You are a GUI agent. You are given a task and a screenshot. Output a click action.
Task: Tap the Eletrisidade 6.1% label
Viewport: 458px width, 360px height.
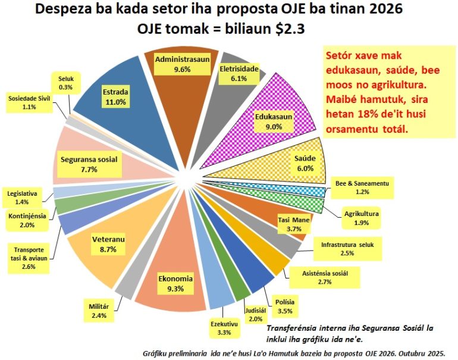tap(239, 73)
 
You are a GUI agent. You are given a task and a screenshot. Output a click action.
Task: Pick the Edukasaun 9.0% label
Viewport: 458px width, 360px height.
tap(273, 121)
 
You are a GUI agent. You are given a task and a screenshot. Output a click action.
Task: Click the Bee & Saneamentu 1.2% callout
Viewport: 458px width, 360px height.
tap(361, 188)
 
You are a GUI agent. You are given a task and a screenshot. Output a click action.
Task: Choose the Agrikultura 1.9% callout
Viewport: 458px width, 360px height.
tap(361, 217)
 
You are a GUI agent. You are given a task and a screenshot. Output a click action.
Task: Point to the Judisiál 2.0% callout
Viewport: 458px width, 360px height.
tap(256, 314)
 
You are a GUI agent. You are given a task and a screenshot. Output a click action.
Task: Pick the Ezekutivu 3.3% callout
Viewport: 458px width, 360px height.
tap(221, 328)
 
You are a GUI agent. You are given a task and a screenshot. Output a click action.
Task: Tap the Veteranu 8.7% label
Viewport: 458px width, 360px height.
tap(108, 244)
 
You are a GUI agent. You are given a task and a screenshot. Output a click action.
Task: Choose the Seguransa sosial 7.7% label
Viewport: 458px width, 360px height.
tap(89, 164)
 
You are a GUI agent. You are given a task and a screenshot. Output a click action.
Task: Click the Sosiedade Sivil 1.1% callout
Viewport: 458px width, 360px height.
tap(29, 102)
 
